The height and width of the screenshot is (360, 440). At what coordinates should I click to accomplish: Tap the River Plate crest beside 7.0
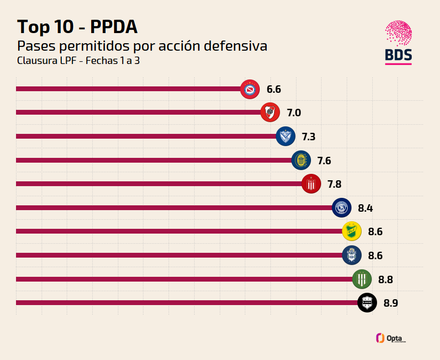click(270, 113)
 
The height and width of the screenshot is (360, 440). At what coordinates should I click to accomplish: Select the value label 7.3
click(308, 137)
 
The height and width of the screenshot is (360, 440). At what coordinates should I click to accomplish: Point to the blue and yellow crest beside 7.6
click(301, 161)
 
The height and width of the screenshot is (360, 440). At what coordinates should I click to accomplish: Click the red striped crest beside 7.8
click(311, 184)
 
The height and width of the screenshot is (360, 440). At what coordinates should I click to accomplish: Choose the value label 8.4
click(365, 208)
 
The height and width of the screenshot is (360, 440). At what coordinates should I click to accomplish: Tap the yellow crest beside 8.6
click(351, 231)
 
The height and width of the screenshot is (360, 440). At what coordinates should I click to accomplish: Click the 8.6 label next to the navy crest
click(375, 255)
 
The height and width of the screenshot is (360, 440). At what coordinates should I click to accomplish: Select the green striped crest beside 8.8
click(362, 279)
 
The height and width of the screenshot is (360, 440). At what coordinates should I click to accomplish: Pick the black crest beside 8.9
click(367, 303)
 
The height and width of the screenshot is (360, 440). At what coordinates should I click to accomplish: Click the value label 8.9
click(390, 303)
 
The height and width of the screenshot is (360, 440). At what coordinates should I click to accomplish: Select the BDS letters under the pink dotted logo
click(398, 55)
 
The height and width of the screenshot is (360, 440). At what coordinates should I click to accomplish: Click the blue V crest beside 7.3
click(285, 137)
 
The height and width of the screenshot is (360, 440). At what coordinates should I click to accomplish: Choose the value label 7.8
click(334, 185)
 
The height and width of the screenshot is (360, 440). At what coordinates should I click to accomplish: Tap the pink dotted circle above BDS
click(398, 33)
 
